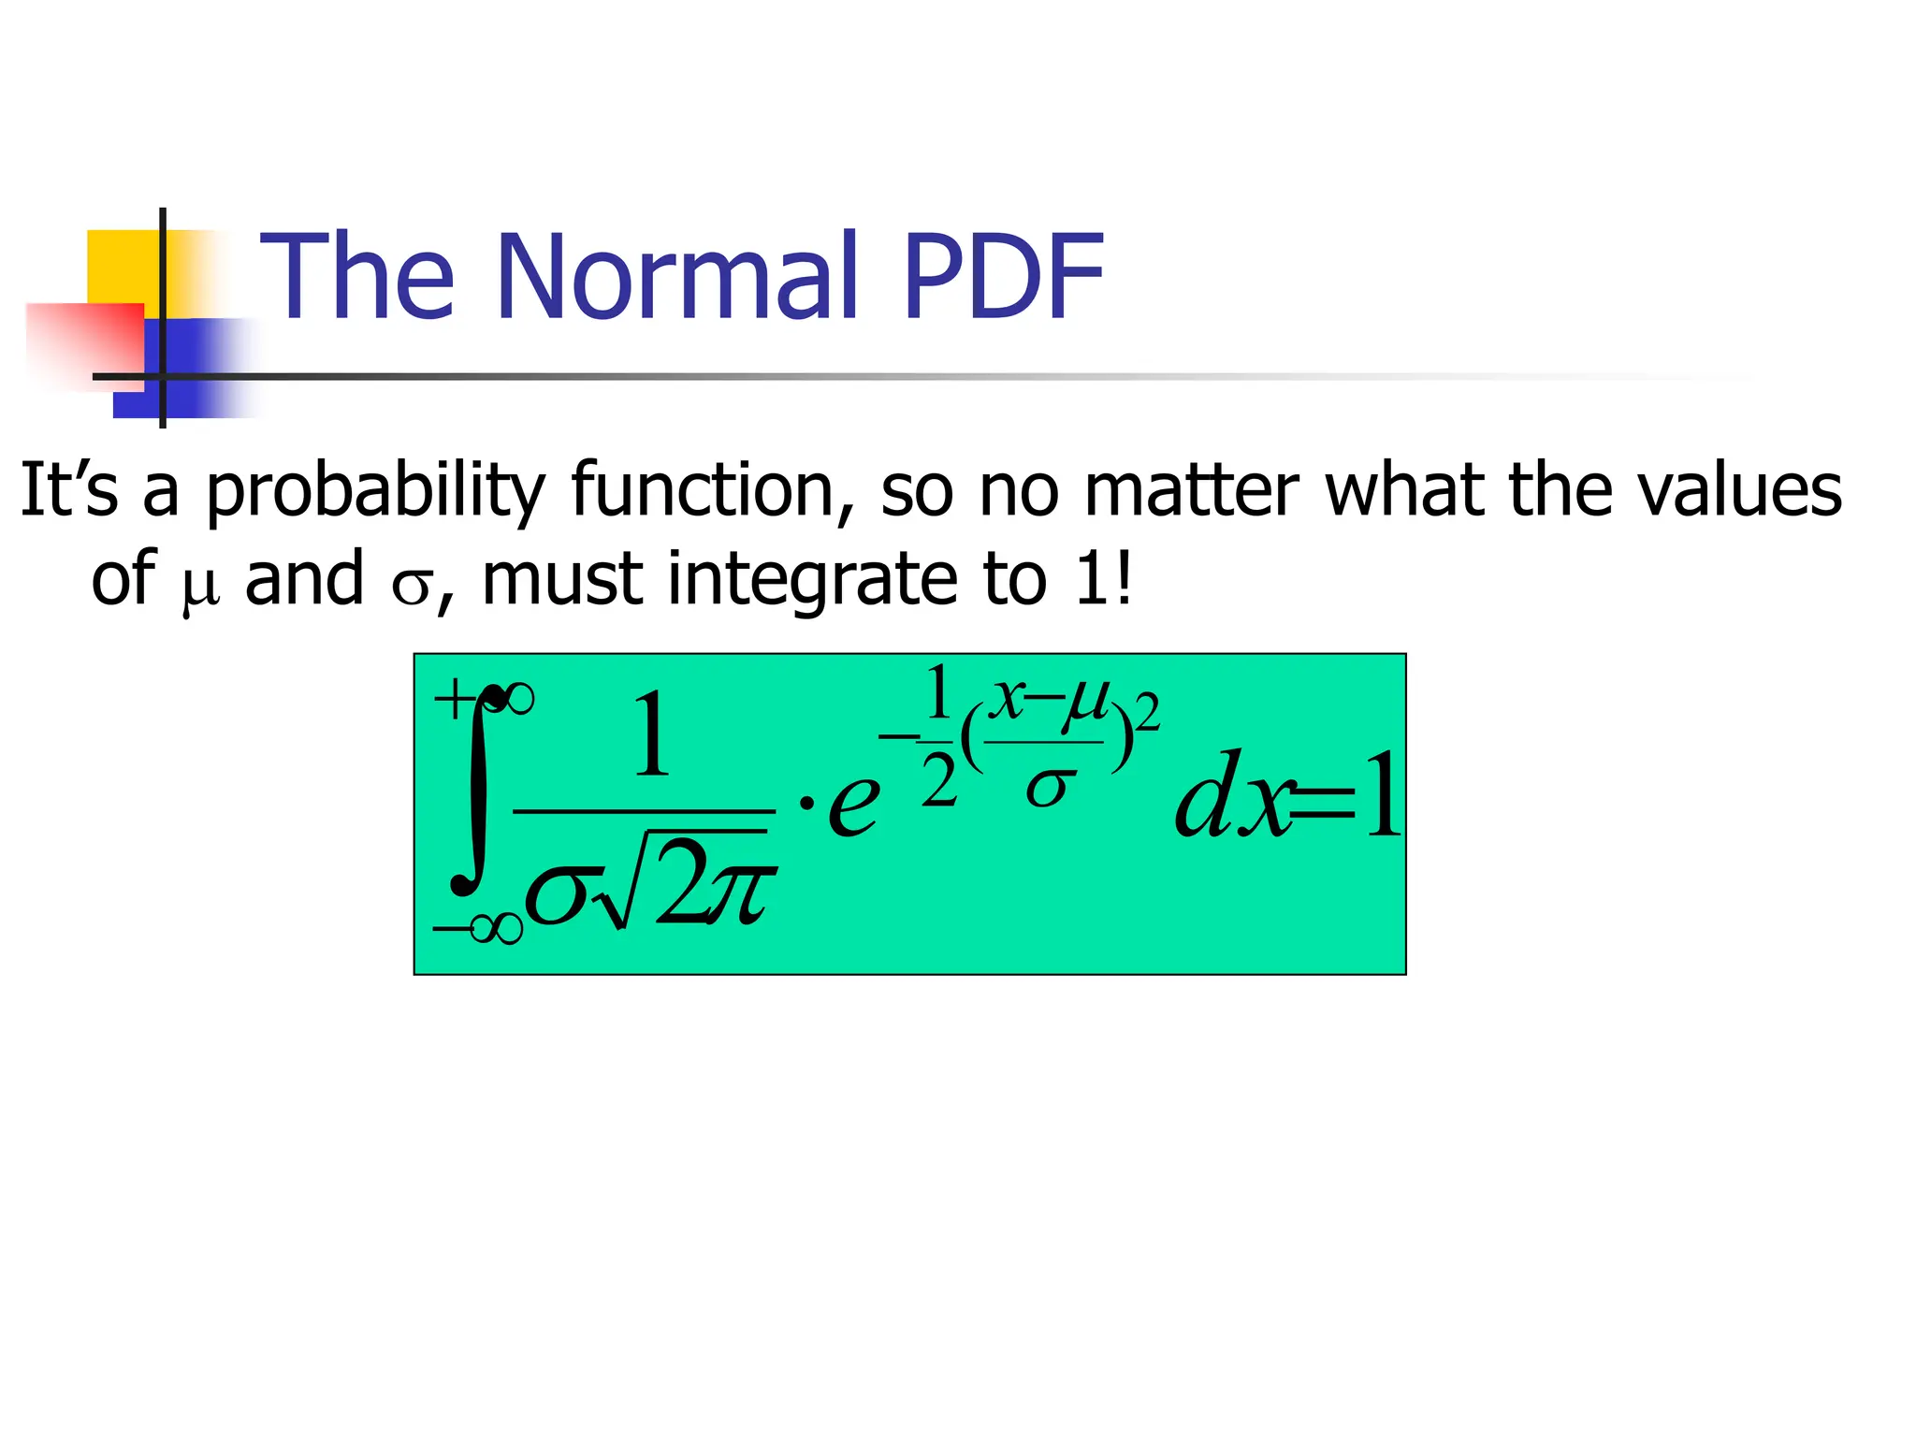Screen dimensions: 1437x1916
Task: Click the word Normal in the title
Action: tap(678, 278)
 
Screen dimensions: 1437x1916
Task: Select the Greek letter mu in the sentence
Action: tap(199, 587)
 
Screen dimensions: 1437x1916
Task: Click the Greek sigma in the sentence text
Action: tap(410, 587)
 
